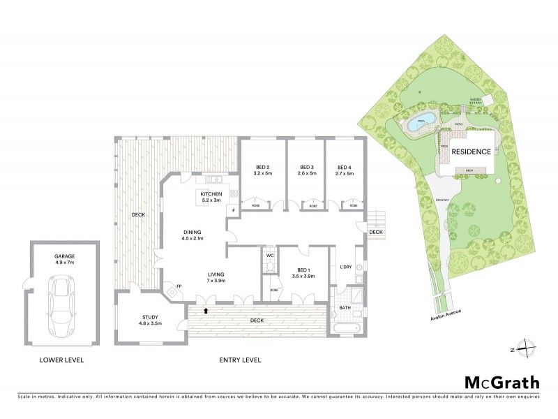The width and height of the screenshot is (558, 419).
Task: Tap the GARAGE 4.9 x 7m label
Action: pos(64,259)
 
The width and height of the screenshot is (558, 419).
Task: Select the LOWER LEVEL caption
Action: pos(62,360)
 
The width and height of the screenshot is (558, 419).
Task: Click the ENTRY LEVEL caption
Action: pos(240,360)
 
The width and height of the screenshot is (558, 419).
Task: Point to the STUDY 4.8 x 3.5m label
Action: pos(151,320)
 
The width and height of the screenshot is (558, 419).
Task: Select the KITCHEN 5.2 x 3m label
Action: pos(211,197)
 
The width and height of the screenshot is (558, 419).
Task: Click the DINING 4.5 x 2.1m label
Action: pos(193,235)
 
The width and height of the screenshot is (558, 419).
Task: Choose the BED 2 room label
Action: pos(262,170)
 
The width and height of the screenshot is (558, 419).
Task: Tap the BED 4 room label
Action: pos(345,170)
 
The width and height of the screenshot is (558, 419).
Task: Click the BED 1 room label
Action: pos(304,272)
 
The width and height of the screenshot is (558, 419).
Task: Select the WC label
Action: pos(271,256)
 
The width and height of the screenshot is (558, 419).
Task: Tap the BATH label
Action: pos(345,307)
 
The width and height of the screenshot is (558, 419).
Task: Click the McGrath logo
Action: pos(502,382)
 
